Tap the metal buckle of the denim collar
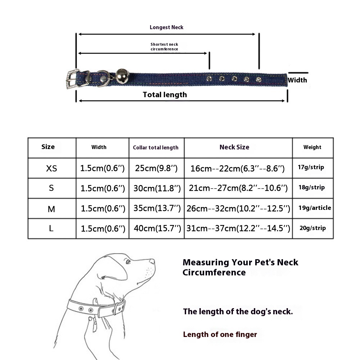click(73, 78)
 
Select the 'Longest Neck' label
click(167, 27)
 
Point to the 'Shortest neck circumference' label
click(164, 47)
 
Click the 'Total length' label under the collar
click(165, 95)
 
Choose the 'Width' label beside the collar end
click(297, 80)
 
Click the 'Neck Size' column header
click(234, 147)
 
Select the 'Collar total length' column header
click(156, 148)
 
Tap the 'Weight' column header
click(312, 147)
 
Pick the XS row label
click(51, 168)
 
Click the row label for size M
click(51, 209)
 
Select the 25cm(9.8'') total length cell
click(156, 168)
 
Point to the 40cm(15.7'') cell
click(156, 228)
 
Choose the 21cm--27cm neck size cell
click(238, 188)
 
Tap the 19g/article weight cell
click(314, 208)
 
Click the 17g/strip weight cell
click(311, 167)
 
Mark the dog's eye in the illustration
click(128, 261)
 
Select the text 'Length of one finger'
click(220, 334)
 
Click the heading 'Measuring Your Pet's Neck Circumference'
click(240, 267)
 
